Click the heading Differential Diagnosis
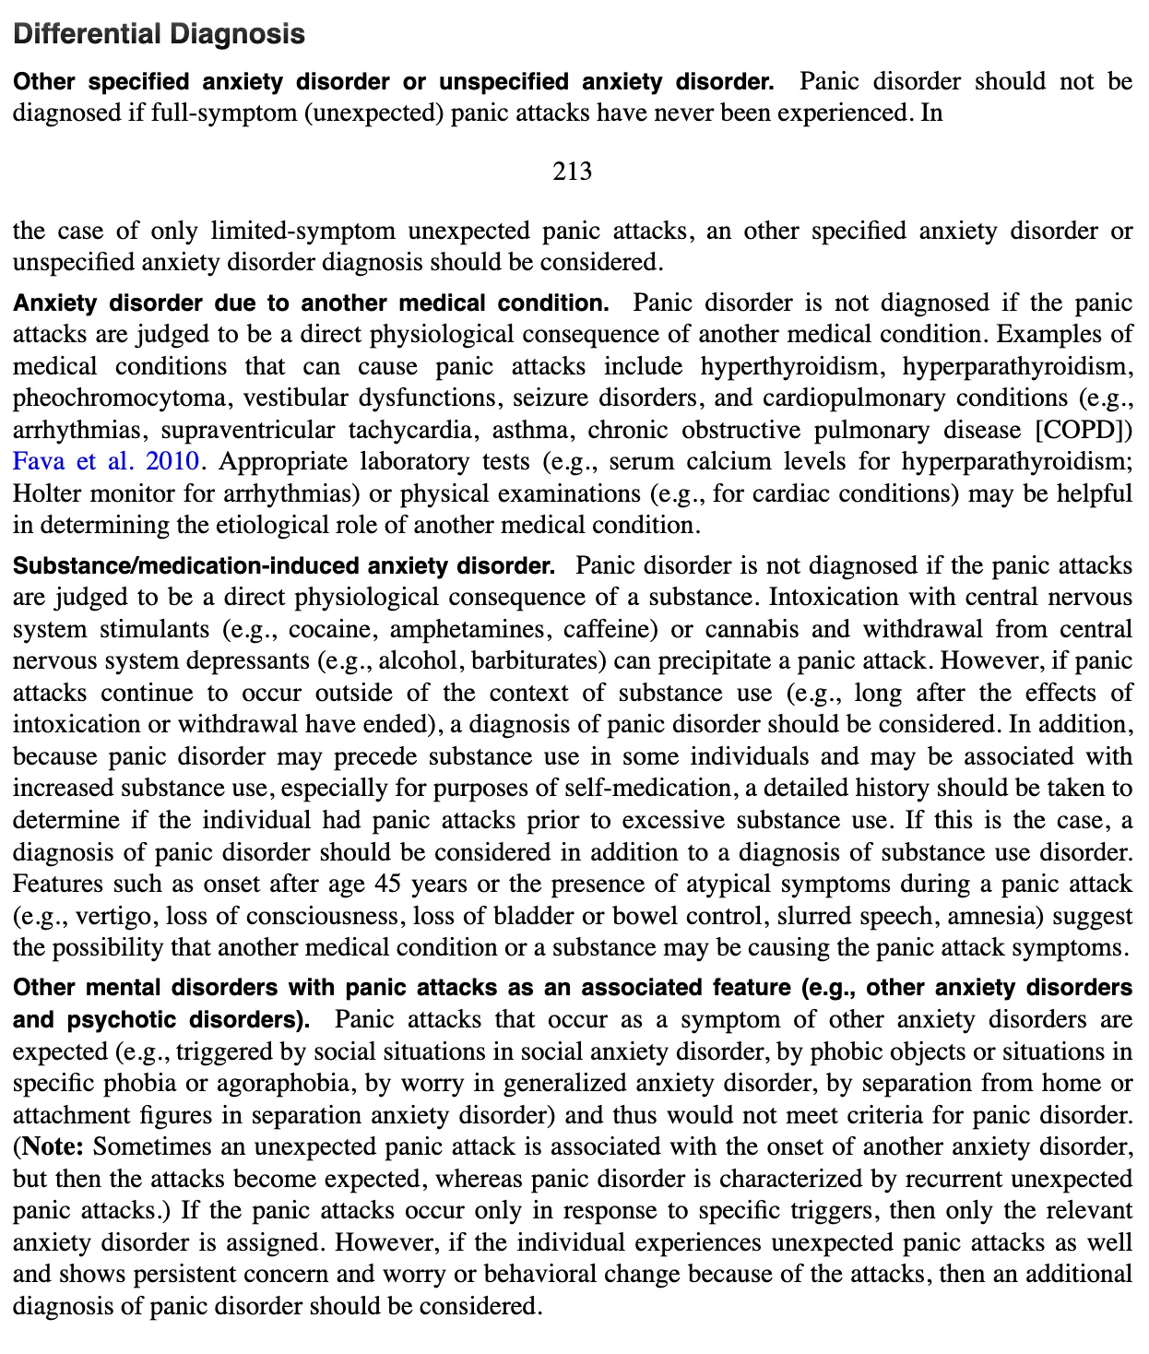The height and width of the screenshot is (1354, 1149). (x=159, y=34)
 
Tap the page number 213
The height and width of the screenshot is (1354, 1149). (x=572, y=172)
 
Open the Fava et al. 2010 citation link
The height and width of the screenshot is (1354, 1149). (x=107, y=461)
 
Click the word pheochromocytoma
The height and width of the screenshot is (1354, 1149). (x=120, y=398)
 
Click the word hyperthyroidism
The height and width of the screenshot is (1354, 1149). (x=789, y=366)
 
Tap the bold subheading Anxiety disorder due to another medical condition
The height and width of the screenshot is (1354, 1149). (x=311, y=303)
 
